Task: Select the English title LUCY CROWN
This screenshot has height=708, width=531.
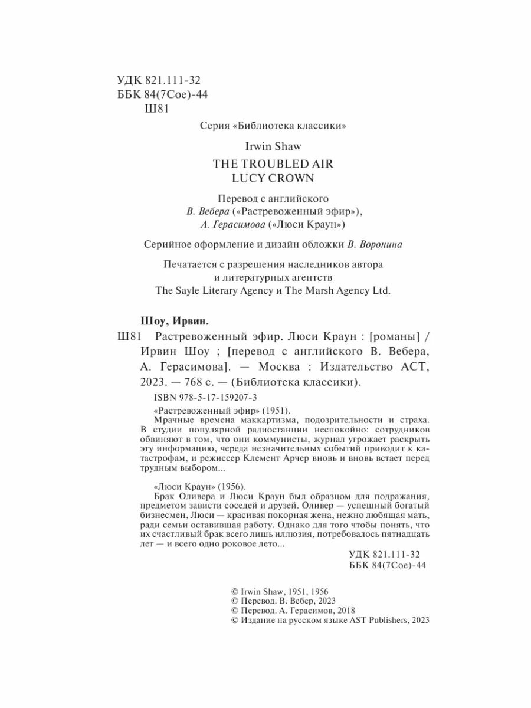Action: point(264,177)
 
